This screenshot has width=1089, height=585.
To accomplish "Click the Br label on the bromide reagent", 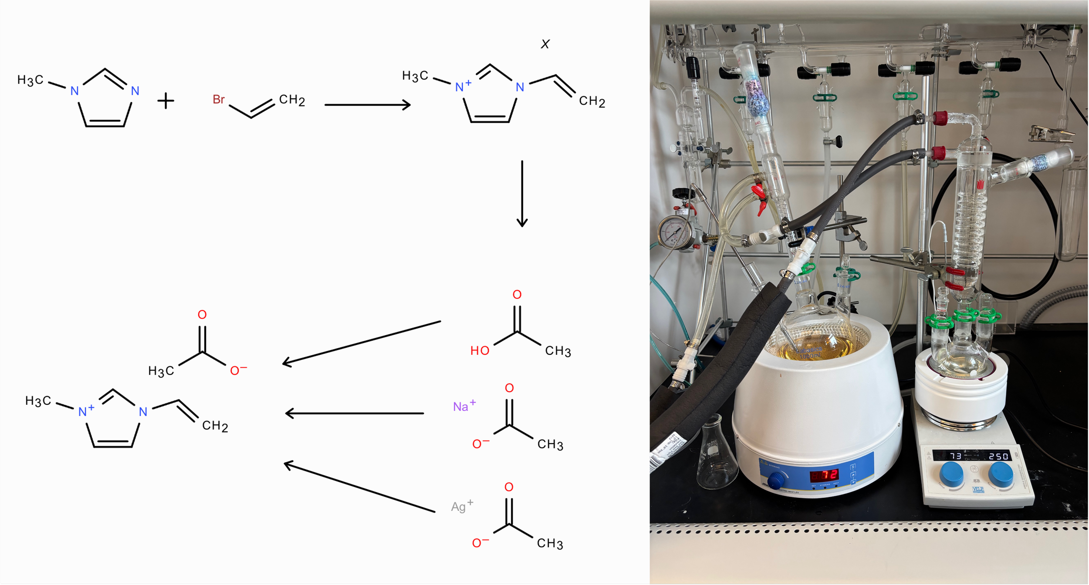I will pyautogui.click(x=219, y=100).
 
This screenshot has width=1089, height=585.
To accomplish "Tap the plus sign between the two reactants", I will pyautogui.click(x=166, y=101).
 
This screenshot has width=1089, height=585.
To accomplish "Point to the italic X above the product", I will pyautogui.click(x=545, y=44).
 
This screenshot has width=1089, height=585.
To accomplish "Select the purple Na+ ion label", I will pyautogui.click(x=464, y=406).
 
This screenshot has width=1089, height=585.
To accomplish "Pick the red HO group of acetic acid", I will pyautogui.click(x=480, y=351).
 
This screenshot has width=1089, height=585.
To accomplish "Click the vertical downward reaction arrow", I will pyautogui.click(x=522, y=194).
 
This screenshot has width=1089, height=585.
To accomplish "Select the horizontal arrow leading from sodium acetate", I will pyautogui.click(x=355, y=413).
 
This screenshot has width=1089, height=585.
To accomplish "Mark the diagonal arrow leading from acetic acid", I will pyautogui.click(x=362, y=343).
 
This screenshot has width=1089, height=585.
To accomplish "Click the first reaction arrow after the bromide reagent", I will pyautogui.click(x=367, y=105).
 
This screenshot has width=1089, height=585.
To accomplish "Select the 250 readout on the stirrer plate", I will pyautogui.click(x=998, y=456).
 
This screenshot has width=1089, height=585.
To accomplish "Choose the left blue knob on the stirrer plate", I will pyautogui.click(x=952, y=475).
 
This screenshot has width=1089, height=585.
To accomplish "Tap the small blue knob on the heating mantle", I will pyautogui.click(x=775, y=481).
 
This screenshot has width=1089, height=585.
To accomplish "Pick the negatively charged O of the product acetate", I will pyautogui.click(x=237, y=370).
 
